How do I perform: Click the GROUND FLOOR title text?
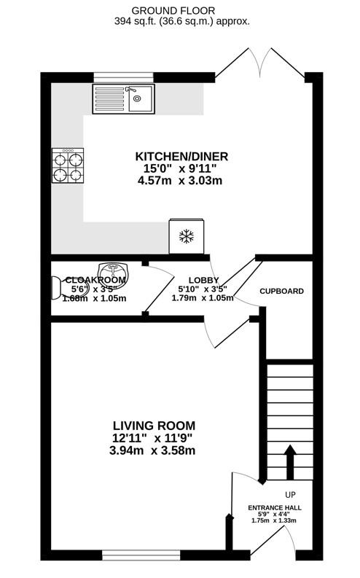(173, 11)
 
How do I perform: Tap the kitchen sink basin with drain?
(141, 98)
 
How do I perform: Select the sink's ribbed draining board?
(109, 98)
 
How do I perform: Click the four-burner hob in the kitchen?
(68, 165)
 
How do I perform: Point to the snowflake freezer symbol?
(187, 236)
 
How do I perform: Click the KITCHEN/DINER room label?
(181, 156)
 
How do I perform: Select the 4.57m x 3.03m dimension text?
(180, 181)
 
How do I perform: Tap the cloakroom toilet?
(56, 288)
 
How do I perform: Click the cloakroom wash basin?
(113, 270)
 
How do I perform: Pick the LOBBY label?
(204, 280)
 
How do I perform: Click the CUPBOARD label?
(282, 292)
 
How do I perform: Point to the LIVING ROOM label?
(154, 426)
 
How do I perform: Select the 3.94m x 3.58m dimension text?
(152, 450)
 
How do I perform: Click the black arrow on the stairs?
(289, 462)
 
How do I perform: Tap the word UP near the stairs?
(290, 494)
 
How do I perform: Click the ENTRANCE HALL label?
(275, 507)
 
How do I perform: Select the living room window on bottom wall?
(141, 555)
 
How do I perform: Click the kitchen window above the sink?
(123, 77)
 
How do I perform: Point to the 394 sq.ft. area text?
(140, 21)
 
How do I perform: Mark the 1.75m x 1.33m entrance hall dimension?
(274, 520)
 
